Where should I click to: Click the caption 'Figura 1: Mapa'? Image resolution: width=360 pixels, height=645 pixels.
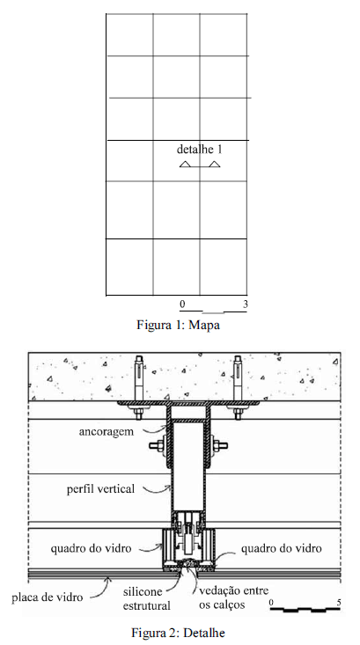(178, 325)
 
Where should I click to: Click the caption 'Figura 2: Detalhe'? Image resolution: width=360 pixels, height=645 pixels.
(178, 633)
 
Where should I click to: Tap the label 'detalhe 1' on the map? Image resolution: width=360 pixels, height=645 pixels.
(200, 149)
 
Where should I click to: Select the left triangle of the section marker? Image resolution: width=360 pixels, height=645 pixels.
(185, 165)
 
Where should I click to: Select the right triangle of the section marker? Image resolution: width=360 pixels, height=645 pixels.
(215, 165)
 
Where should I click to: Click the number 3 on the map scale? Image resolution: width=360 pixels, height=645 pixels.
(246, 304)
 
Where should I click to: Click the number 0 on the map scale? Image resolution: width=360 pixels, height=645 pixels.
(182, 304)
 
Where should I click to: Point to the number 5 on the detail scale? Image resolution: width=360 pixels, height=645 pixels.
(339, 603)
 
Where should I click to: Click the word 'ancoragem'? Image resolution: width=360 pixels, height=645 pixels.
(107, 432)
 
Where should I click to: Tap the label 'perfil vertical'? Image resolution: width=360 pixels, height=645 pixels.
(101, 489)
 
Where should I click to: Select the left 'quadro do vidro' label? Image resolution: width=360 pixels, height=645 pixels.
(91, 548)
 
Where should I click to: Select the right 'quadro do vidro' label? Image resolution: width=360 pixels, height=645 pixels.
(282, 548)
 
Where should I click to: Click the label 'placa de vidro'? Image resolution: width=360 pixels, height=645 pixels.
(47, 597)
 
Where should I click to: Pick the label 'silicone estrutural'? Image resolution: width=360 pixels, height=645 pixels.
(146, 598)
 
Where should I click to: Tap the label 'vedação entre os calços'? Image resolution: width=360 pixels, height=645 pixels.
(233, 597)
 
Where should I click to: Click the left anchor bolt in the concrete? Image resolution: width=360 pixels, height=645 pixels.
(139, 386)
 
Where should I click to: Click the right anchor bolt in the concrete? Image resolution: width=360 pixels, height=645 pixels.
(238, 386)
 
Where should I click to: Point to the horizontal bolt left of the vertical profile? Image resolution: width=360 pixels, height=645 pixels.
(158, 445)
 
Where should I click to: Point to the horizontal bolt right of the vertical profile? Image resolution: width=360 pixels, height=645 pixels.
(219, 445)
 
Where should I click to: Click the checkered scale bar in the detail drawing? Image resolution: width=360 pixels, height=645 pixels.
(305, 610)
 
